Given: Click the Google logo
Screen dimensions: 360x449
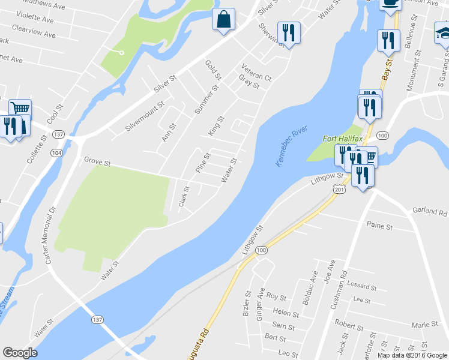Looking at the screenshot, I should click(x=20, y=353).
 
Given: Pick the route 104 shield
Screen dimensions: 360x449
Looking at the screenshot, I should click(x=56, y=153).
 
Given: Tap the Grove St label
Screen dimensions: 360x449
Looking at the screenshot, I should click(x=98, y=163).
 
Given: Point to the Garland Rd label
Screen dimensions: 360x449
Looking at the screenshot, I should click(x=430, y=212).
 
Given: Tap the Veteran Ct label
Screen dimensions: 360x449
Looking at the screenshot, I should click(x=256, y=72).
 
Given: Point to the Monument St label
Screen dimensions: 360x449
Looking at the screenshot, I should click(x=411, y=76).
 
